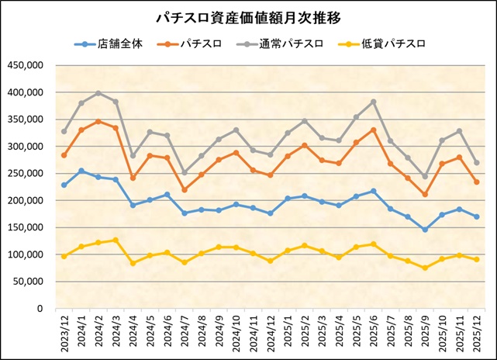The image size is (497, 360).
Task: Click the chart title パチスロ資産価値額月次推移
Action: click(248, 16)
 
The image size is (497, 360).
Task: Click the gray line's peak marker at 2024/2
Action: click(98, 93)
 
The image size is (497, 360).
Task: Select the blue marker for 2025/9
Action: click(425, 230)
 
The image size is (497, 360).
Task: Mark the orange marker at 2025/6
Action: click(374, 130)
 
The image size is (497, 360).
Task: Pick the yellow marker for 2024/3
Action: click(116, 241)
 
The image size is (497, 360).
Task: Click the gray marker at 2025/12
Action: click(476, 163)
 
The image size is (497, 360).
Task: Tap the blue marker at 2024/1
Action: click(81, 171)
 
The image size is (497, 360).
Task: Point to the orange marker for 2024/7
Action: click(185, 190)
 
